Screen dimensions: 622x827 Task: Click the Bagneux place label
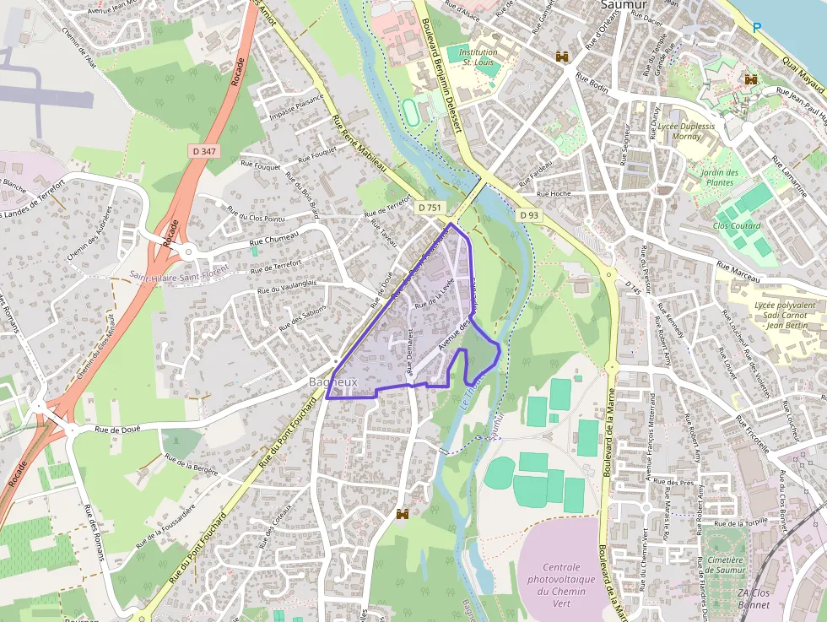click(334, 382)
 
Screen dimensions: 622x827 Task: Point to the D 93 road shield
click(529, 215)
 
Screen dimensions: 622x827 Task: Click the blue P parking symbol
click(757, 28)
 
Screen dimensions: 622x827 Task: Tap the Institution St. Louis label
click(478, 57)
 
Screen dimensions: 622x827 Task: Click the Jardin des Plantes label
click(719, 177)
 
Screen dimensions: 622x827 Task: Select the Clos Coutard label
click(737, 226)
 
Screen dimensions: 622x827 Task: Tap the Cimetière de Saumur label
click(726, 565)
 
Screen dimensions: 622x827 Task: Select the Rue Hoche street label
click(554, 194)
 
